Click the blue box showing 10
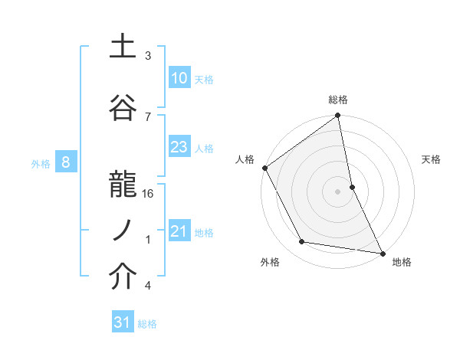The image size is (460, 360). click(179, 78)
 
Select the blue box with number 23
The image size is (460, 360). click(179, 147)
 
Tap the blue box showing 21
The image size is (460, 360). click(179, 231)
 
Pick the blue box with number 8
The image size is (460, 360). click(66, 162)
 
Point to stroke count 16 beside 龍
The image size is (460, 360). click(149, 194)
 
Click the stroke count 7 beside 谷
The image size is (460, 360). click(148, 116)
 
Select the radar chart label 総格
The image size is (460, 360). click(338, 100)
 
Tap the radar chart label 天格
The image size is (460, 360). click(432, 159)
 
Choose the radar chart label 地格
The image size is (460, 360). click(402, 263)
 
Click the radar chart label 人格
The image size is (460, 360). click(245, 159)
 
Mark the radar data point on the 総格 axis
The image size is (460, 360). click(338, 116)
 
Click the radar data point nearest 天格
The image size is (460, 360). click(352, 186)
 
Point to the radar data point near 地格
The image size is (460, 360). click(383, 253)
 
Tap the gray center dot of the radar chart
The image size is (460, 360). click(338, 191)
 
